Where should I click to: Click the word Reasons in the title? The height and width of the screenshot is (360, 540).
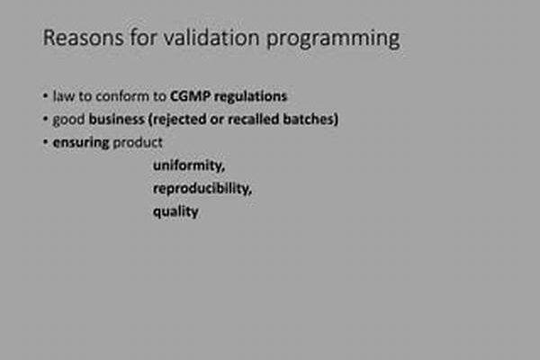point(83,37)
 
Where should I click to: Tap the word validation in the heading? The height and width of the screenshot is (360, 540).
point(211,37)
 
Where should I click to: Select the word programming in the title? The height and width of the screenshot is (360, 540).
point(333,40)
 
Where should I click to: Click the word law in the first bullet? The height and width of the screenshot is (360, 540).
point(64,96)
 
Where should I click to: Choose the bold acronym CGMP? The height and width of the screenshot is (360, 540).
point(190,96)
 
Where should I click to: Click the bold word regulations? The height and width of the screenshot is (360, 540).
point(250,97)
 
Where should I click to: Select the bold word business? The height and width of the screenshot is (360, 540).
point(116,119)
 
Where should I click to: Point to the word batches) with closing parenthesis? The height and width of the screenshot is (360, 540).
point(310,119)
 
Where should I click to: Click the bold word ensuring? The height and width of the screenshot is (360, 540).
point(81,143)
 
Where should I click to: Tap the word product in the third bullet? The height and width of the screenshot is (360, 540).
point(138,142)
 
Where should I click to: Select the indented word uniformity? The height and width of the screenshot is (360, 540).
point(189,166)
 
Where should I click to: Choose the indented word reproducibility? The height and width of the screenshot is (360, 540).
point(202,189)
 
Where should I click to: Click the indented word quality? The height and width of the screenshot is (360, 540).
point(175,211)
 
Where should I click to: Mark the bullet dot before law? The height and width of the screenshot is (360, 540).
point(46,95)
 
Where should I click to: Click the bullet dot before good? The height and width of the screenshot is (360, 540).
point(46,119)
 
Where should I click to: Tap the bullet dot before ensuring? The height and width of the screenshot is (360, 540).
point(46,141)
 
